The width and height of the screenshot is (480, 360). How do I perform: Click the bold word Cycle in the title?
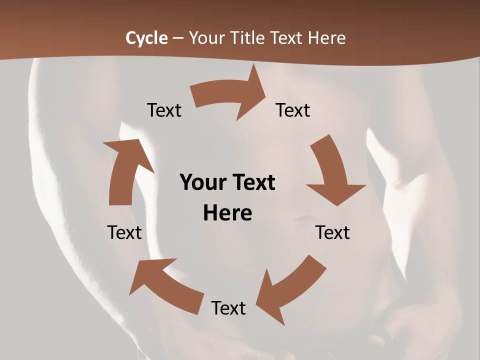[x=146, y=38]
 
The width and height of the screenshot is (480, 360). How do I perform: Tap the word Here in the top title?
[x=326, y=38]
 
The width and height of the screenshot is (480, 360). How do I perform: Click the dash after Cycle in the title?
[x=178, y=38]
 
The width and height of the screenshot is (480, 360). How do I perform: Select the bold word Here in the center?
[x=227, y=213]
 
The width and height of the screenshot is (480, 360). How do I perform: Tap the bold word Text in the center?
[x=252, y=182]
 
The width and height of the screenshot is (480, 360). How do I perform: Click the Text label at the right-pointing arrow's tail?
[x=164, y=110]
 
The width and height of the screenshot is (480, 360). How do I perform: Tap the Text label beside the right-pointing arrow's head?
[x=293, y=110]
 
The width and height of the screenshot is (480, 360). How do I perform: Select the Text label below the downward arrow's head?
[x=332, y=232]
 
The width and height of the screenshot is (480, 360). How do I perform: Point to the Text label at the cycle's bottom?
[x=228, y=308]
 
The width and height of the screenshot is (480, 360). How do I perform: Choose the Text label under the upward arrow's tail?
[x=124, y=232]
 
